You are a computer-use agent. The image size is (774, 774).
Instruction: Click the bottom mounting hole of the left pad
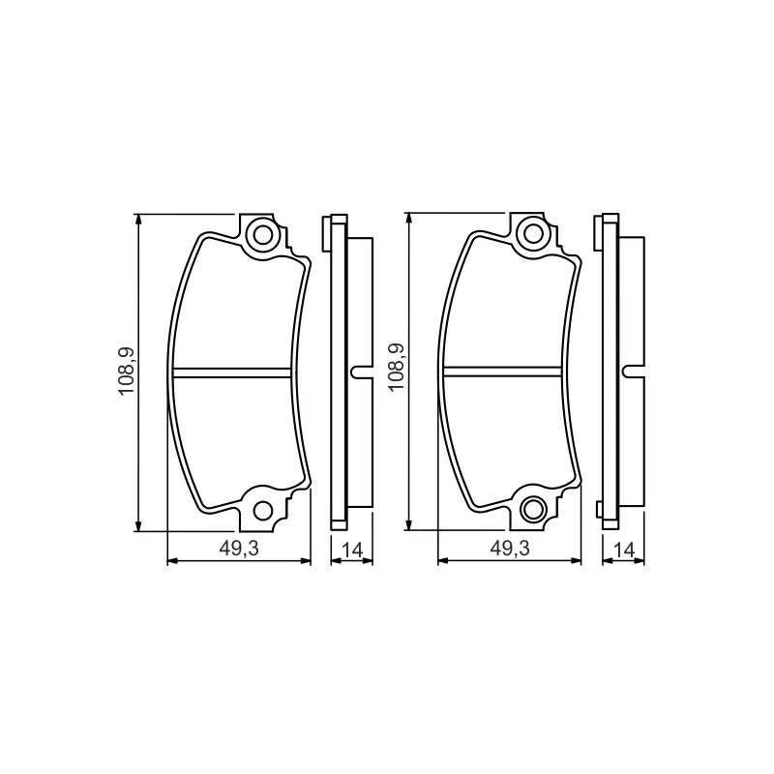(x=263, y=511)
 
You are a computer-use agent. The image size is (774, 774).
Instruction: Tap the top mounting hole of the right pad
(x=533, y=233)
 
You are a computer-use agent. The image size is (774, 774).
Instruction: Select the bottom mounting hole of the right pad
(x=533, y=509)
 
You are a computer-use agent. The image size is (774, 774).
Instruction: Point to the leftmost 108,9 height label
(x=126, y=372)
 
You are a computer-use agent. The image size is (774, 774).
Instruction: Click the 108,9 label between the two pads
(x=396, y=368)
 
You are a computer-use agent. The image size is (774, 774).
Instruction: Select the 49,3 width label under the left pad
(x=239, y=549)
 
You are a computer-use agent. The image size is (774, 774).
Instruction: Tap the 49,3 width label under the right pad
(x=510, y=548)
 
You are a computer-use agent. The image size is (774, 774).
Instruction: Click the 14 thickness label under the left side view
(x=352, y=550)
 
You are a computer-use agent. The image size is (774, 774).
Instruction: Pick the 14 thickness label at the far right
(x=623, y=550)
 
